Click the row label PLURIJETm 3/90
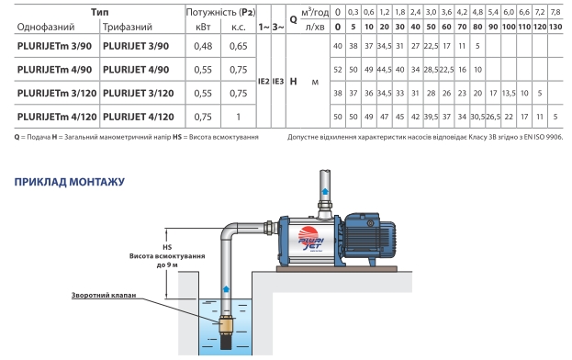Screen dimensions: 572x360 [54, 46]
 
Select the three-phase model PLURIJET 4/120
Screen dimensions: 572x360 [139, 117]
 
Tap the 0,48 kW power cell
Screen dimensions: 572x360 [203, 46]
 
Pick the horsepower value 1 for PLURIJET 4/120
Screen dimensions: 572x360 [238, 117]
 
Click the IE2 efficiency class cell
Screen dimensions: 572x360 [264, 82]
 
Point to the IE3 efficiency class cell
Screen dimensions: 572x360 [278, 82]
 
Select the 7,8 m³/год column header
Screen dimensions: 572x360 [555, 12]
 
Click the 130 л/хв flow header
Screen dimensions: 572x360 [555, 27]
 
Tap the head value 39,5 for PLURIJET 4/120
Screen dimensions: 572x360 [431, 117]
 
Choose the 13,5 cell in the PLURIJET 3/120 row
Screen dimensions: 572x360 [509, 94]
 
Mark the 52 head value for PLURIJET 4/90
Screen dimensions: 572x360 [338, 70]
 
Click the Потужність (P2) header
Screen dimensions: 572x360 [220, 12]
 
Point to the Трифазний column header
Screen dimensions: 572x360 [128, 27]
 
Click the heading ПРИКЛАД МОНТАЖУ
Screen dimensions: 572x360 [69, 182]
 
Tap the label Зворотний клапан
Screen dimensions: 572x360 [104, 295]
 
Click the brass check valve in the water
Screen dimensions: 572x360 [226, 324]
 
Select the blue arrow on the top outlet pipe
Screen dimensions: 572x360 [325, 191]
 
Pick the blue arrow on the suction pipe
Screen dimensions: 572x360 [226, 289]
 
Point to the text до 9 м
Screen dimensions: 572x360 [167, 264]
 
